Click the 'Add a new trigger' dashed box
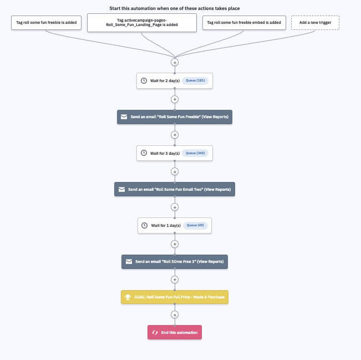coord(315,23)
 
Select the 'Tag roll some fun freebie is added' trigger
coord(46,23)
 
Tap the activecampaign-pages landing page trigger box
coord(142,23)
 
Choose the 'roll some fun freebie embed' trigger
coord(244,23)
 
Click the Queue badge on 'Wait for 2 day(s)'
coord(195,80)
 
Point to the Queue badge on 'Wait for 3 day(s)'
coord(195,153)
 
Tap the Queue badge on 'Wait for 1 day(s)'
coord(195,225)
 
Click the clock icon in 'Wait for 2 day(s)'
coord(144,80)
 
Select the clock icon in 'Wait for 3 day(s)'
coord(144,153)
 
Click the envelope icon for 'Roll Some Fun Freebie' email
coord(124,117)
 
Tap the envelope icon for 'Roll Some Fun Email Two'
coord(121,189)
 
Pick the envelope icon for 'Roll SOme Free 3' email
coord(129,262)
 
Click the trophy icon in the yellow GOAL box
coord(128,297)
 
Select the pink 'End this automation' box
coord(175,332)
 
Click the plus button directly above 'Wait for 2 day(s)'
coord(175,63)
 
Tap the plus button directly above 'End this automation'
coord(175,315)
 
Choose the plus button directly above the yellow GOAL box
coord(175,280)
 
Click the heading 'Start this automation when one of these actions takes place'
coord(175,8)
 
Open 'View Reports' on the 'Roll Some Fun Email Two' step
coord(217,189)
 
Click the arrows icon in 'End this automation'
coord(155,332)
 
